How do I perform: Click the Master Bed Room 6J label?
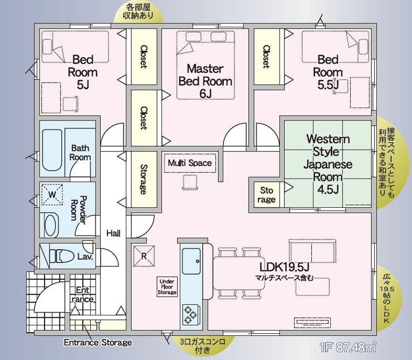(205, 81)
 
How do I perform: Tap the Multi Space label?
(190, 163)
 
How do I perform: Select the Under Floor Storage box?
(167, 287)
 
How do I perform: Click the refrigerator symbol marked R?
(144, 256)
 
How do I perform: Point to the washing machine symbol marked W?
(52, 194)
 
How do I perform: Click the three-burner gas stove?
(190, 314)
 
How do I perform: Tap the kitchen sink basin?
(192, 261)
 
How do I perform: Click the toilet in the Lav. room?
(62, 256)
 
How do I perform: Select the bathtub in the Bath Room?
(52, 150)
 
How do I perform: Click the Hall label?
(114, 233)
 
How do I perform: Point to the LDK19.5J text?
(285, 267)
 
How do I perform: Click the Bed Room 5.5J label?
(328, 72)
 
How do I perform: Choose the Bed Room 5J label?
(82, 72)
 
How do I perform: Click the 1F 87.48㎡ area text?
(347, 347)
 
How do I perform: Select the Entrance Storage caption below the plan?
(98, 342)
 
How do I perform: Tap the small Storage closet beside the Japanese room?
(267, 194)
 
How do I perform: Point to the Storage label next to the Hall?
(144, 179)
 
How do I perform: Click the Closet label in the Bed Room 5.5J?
(267, 56)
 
